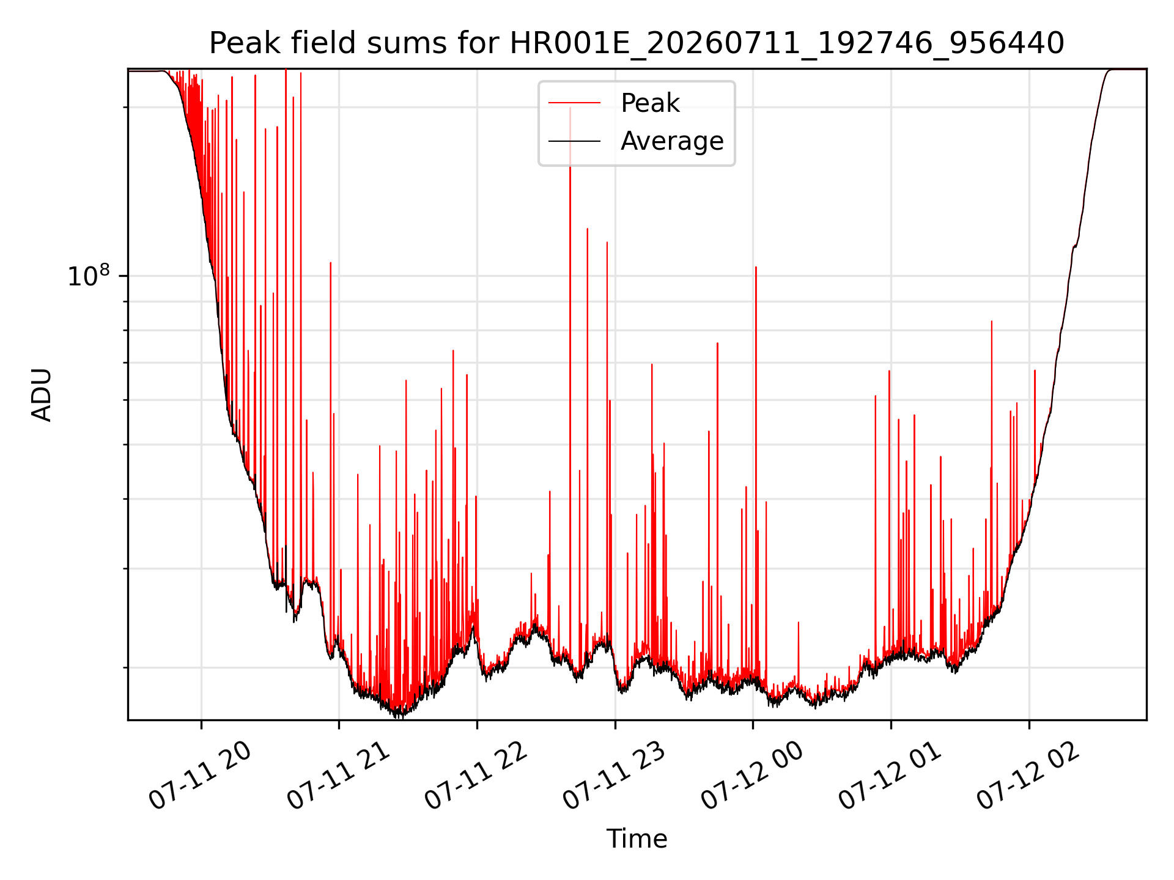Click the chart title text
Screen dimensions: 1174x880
(637, 43)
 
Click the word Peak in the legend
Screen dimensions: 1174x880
(650, 103)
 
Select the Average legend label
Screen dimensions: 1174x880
(672, 141)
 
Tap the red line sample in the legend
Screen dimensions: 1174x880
(574, 103)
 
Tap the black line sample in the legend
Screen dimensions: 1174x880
(574, 141)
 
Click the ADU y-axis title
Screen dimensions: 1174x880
(42, 395)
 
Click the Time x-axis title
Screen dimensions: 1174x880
(637, 838)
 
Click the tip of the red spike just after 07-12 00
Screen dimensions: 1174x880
(756, 267)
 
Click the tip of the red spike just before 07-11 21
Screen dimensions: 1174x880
(331, 263)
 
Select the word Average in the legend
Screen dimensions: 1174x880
(672, 141)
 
